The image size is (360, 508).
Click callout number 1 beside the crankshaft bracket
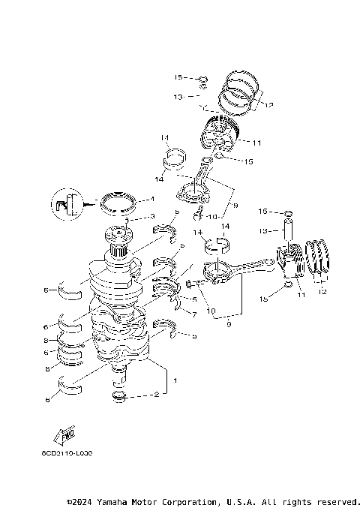pos(175,380)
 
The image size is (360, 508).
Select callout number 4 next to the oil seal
pos(151,200)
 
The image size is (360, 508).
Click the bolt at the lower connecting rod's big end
pos(190,284)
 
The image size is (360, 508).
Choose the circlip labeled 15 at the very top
pos(202,77)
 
